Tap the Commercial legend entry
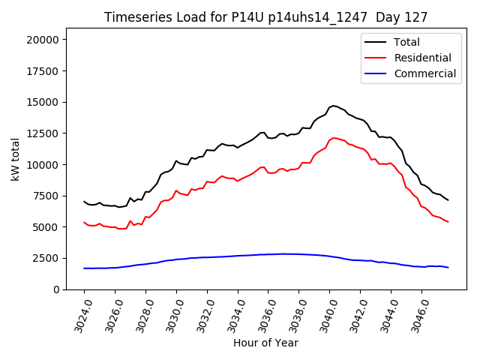point(425,73)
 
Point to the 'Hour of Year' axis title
point(265,343)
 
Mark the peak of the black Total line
point(334,106)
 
